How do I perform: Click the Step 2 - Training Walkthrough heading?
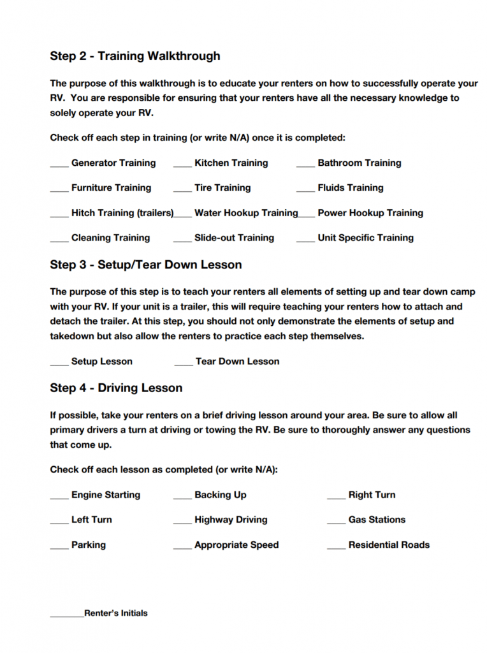(135, 56)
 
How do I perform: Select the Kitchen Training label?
(231, 163)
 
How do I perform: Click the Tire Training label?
(222, 188)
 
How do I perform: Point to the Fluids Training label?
(351, 188)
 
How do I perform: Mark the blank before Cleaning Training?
(59, 240)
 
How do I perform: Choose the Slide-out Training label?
(234, 238)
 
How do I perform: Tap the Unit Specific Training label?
(365, 238)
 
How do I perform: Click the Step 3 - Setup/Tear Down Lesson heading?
(146, 265)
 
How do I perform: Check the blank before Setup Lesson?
(59, 364)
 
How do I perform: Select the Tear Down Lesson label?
(237, 362)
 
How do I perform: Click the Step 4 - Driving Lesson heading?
(116, 388)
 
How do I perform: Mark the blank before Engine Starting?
(59, 497)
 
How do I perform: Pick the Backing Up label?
(221, 495)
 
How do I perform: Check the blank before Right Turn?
(337, 497)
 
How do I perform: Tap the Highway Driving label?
(231, 520)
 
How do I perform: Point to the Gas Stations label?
(377, 520)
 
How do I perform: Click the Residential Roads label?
(389, 545)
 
